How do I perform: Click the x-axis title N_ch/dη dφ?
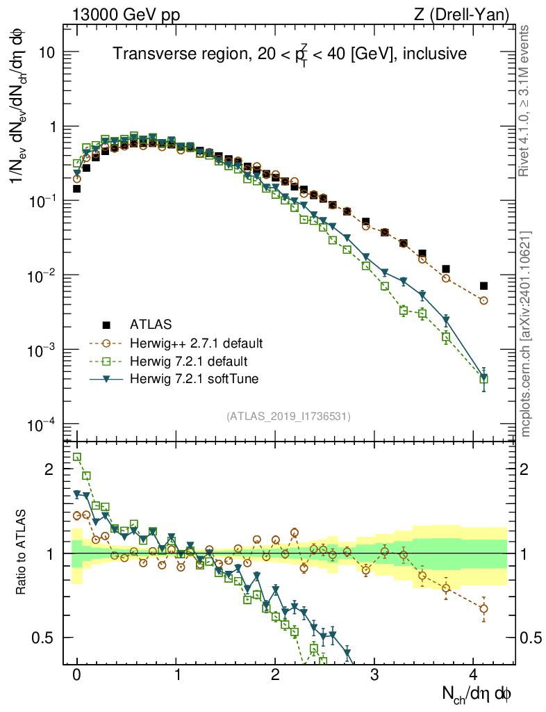click(477, 693)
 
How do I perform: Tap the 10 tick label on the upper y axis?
click(47, 53)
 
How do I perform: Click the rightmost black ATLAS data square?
click(483, 286)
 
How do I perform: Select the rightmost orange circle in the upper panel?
click(483, 301)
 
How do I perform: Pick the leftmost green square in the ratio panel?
click(77, 457)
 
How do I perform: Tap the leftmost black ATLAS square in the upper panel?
click(77, 188)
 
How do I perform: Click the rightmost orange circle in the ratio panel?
click(483, 608)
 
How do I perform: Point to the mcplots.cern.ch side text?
click(526, 334)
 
